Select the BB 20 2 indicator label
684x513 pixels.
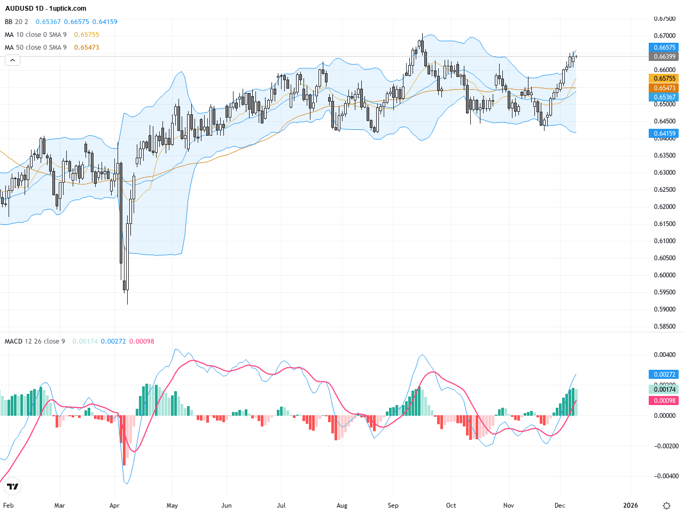pos(17,22)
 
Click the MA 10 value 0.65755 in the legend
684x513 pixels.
pos(87,35)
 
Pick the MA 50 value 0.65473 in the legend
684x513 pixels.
pos(87,48)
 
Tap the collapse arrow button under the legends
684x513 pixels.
pos(12,60)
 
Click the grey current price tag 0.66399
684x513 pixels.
pos(664,57)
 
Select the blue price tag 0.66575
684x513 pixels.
pos(664,48)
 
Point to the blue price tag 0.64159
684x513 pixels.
pos(664,134)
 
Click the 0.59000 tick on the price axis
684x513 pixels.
pos(664,309)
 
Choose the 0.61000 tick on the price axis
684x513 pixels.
pos(664,241)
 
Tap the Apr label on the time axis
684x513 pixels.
pos(114,506)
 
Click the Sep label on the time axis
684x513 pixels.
pos(393,506)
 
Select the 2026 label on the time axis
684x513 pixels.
pos(631,506)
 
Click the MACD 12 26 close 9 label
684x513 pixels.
pos(35,341)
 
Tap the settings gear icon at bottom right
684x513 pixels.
pos(666,506)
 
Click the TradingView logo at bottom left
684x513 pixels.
pos(12,486)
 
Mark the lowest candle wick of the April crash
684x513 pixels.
pos(128,303)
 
